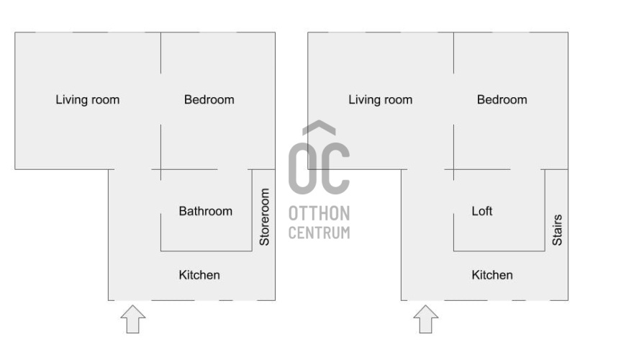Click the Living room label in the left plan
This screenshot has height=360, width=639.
coord(88,100)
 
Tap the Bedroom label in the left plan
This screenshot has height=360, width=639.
coord(209,100)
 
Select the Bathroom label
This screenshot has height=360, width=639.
coord(205,211)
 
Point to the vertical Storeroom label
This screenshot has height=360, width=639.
coord(265,217)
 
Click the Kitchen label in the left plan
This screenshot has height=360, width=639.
coord(199,275)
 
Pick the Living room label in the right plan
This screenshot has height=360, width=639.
coord(380,100)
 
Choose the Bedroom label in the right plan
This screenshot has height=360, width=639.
coord(502,100)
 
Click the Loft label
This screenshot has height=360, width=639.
coord(482,211)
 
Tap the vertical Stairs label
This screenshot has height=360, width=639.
coord(557,230)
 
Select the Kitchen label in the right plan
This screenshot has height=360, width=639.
coord(492,275)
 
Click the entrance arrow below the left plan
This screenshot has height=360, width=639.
coord(133,319)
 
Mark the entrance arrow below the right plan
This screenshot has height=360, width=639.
coord(426,319)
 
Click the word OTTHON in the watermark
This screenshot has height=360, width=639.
coord(319,214)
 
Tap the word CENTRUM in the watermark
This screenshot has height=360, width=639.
coord(319,233)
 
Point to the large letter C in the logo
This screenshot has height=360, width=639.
coord(335,168)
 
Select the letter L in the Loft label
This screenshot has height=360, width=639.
coord(475,211)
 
